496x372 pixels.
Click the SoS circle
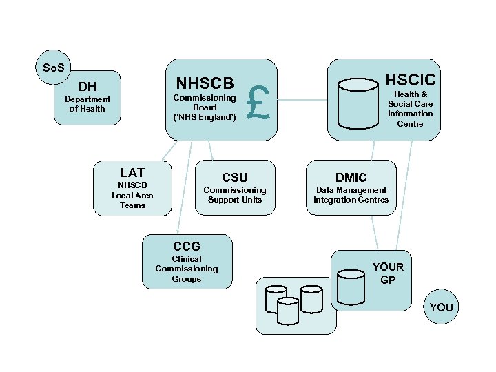[x=54, y=67]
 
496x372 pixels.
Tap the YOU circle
[x=441, y=307]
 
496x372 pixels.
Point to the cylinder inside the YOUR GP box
[x=351, y=287]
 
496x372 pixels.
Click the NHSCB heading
[x=205, y=83]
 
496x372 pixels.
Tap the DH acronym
[x=87, y=87]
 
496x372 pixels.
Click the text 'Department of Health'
[x=87, y=104]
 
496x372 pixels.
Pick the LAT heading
[x=132, y=172]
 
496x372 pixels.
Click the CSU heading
[x=234, y=178]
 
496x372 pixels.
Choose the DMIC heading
[x=351, y=178]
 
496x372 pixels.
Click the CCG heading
[x=187, y=246]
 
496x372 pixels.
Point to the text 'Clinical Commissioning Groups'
[x=187, y=269]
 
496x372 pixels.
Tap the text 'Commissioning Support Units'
[x=234, y=195]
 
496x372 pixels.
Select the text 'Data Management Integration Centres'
[x=351, y=195]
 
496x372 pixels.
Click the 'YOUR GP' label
[x=388, y=273]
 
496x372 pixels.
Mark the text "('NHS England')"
[x=205, y=117]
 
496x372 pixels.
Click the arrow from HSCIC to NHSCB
[x=302, y=101]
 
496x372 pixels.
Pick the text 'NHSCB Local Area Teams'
[x=132, y=195]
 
